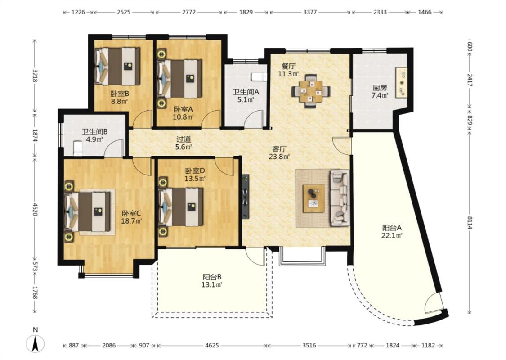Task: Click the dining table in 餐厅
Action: click(311, 91)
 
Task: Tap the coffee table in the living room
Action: click(313, 198)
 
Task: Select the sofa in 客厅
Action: click(340, 198)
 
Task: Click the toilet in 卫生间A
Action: click(259, 76)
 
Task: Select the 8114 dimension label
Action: click(470, 222)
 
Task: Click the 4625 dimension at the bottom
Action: click(212, 346)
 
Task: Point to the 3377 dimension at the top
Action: click(310, 12)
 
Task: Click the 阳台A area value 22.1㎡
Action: click(392, 235)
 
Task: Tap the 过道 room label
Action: click(184, 139)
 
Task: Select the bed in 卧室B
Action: click(117, 67)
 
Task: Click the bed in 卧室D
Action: click(181, 207)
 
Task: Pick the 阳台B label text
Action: click(212, 277)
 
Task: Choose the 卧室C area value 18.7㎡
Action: click(132, 221)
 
